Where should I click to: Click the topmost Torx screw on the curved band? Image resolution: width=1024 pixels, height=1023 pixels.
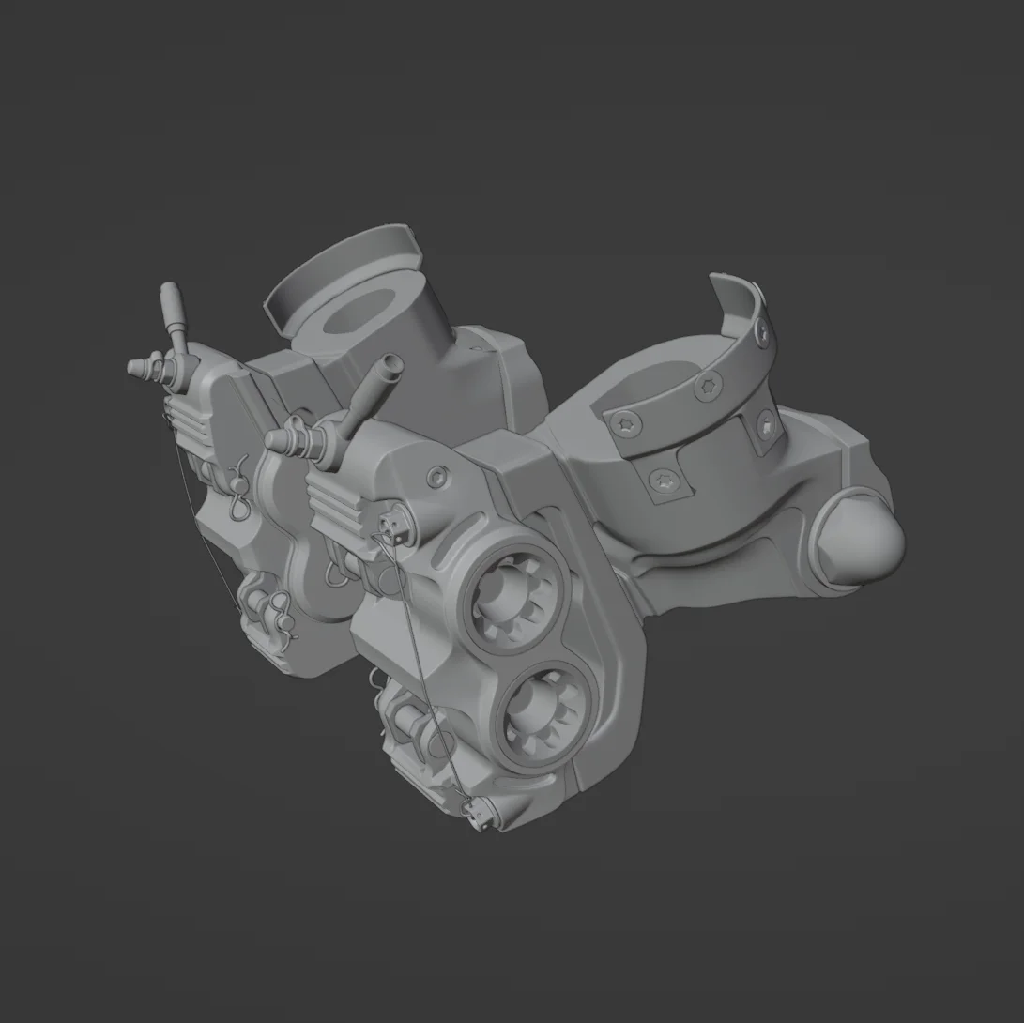pyautogui.click(x=762, y=329)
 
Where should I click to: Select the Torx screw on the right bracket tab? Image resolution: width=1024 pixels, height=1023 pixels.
pyautogui.click(x=767, y=427)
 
